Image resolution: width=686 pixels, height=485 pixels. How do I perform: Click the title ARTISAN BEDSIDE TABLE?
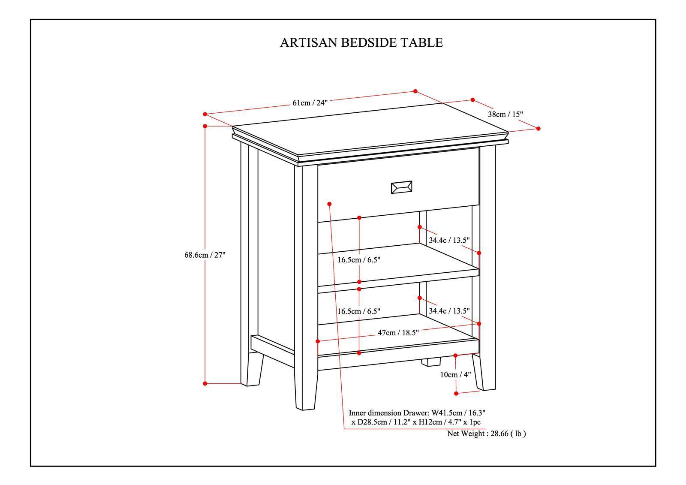click(361, 42)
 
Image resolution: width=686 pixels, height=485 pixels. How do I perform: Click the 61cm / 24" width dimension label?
click(310, 102)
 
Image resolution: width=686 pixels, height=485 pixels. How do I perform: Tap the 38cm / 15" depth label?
click(505, 114)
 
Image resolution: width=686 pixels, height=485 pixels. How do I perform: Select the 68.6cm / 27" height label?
click(205, 255)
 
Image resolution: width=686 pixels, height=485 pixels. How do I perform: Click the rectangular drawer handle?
click(401, 187)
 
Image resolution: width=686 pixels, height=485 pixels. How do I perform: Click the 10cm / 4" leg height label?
click(455, 374)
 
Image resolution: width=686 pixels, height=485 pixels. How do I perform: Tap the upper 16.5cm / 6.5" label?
click(359, 260)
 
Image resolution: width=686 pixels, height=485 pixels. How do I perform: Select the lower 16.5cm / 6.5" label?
click(359, 311)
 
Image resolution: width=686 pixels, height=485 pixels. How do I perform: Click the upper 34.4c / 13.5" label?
click(449, 240)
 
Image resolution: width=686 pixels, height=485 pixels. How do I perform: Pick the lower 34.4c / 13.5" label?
click(449, 311)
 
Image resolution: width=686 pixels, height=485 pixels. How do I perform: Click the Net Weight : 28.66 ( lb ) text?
click(486, 434)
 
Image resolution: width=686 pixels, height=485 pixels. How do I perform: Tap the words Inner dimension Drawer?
click(388, 413)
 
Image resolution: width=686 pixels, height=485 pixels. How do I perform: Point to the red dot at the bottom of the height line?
click(205, 383)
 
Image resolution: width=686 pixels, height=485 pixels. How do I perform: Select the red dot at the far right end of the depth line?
click(539, 128)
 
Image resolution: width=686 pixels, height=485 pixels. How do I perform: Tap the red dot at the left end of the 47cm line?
click(318, 341)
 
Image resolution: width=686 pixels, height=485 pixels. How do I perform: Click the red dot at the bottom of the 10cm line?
click(456, 393)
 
